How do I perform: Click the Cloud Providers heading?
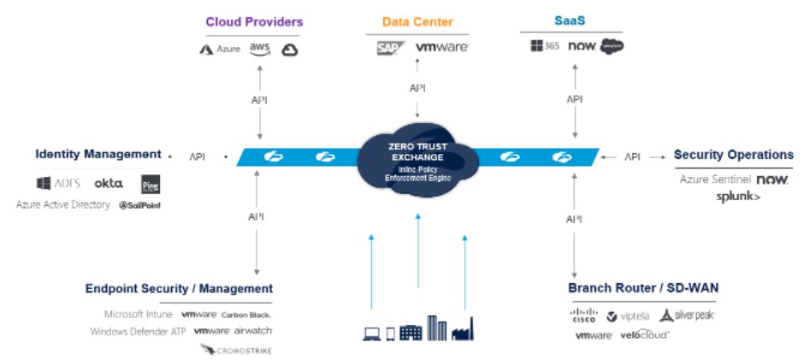[254, 21]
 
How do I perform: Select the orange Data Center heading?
[417, 22]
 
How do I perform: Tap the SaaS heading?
[572, 21]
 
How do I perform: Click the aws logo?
[260, 49]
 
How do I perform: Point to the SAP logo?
[390, 49]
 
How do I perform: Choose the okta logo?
[109, 183]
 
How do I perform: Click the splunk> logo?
[738, 197]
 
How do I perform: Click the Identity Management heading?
[98, 155]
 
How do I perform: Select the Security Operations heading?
[733, 155]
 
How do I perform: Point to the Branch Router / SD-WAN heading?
[642, 288]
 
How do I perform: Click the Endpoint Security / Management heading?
[179, 289]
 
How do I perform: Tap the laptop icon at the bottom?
[371, 333]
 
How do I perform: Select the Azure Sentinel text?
[715, 180]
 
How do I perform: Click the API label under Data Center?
[417, 88]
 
